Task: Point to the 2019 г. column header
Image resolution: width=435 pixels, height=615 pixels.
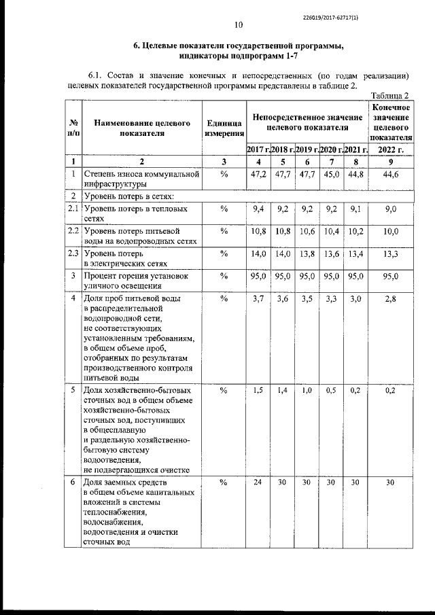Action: [307, 149]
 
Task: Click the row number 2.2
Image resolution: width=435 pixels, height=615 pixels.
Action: [73, 232]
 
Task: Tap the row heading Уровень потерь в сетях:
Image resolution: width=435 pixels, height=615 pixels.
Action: [129, 196]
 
